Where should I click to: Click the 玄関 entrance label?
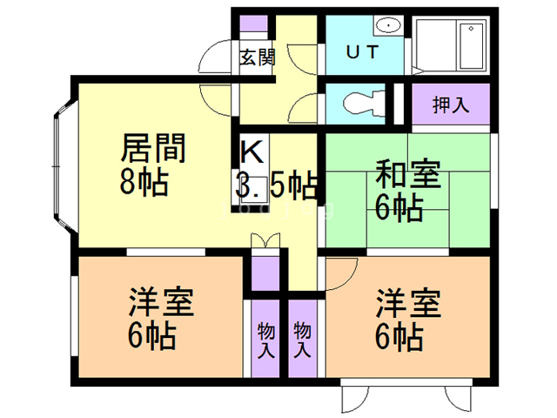(257, 58)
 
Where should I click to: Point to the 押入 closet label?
(451, 104)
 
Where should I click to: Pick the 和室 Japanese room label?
(407, 173)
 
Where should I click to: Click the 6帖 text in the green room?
(399, 208)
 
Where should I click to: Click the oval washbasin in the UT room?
(389, 25)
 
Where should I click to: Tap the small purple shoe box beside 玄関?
(255, 25)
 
